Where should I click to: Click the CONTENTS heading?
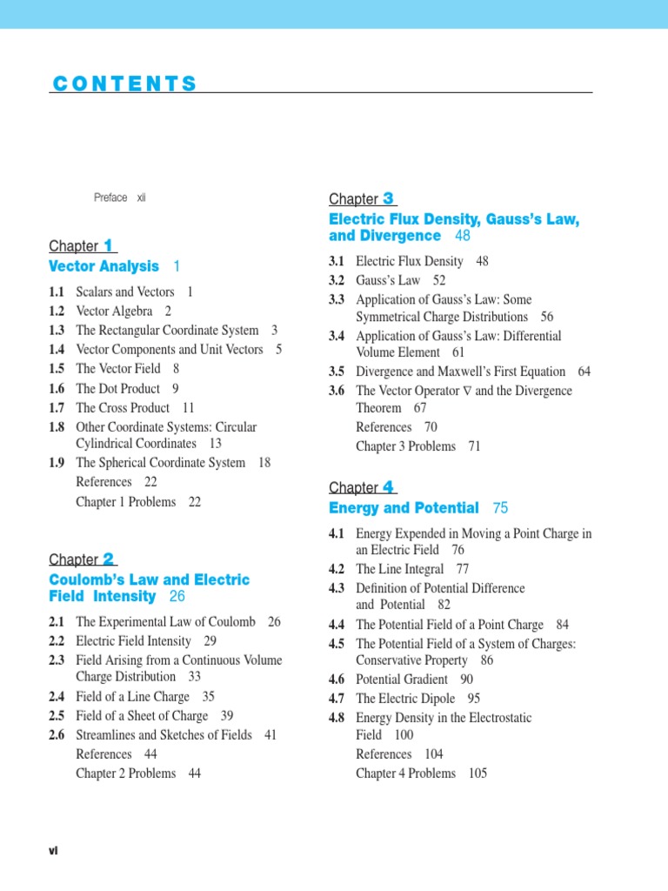click(x=124, y=84)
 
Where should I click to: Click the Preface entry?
click(x=110, y=198)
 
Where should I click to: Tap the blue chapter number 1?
click(x=109, y=246)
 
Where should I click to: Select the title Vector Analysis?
click(x=104, y=266)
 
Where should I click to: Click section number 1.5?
click(x=57, y=369)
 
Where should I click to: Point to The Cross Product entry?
click(x=123, y=407)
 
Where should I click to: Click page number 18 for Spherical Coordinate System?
click(x=265, y=463)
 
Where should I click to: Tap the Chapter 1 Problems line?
click(x=126, y=502)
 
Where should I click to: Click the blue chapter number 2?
click(x=109, y=559)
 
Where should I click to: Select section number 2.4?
click(x=57, y=697)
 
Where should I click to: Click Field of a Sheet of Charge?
click(x=142, y=716)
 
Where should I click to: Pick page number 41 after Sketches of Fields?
click(x=271, y=735)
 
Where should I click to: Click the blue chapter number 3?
click(x=389, y=199)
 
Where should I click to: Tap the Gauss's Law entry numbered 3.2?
click(x=388, y=280)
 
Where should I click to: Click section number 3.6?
click(x=337, y=392)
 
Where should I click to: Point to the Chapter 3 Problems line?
click(x=405, y=446)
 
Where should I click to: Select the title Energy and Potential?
click(x=404, y=508)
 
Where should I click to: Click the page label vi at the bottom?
click(x=53, y=851)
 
